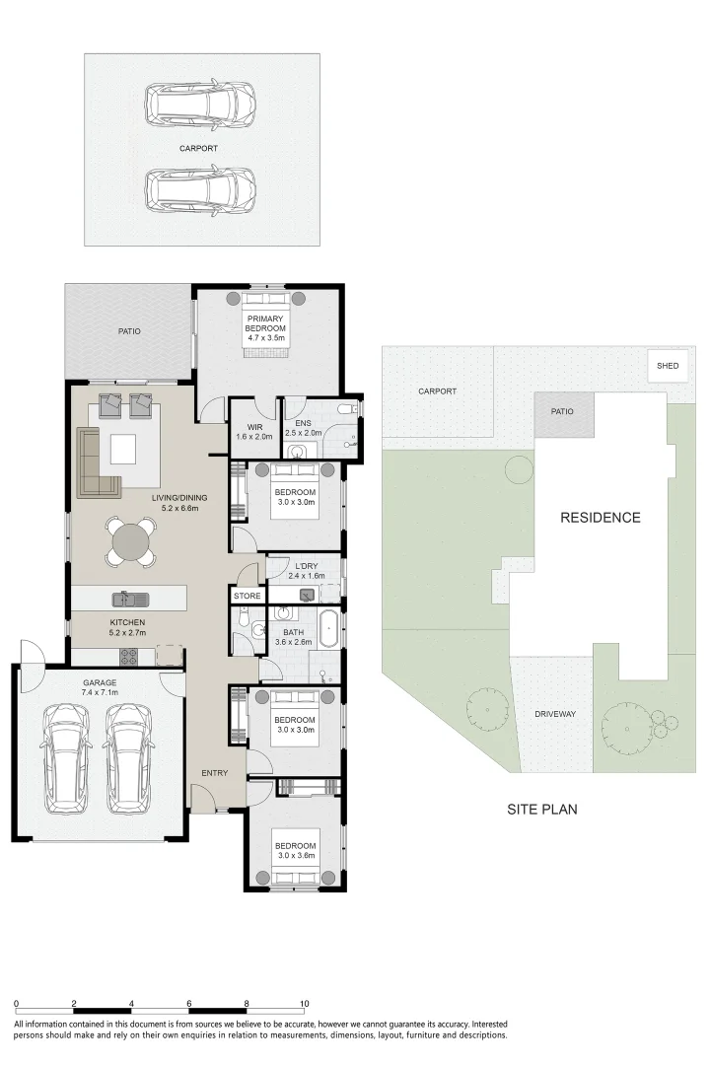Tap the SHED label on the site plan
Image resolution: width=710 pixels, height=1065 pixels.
668,366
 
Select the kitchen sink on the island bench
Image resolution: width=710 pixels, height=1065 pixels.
129,598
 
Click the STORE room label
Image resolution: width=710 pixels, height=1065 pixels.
247,597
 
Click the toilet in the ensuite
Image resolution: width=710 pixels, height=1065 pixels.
346,408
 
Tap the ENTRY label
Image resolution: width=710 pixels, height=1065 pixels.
215,773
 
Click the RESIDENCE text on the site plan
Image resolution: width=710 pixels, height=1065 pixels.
601,518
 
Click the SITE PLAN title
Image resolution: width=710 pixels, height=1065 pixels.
541,810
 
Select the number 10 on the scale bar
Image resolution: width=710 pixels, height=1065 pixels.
305,1003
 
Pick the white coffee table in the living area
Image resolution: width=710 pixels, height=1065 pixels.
124,450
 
